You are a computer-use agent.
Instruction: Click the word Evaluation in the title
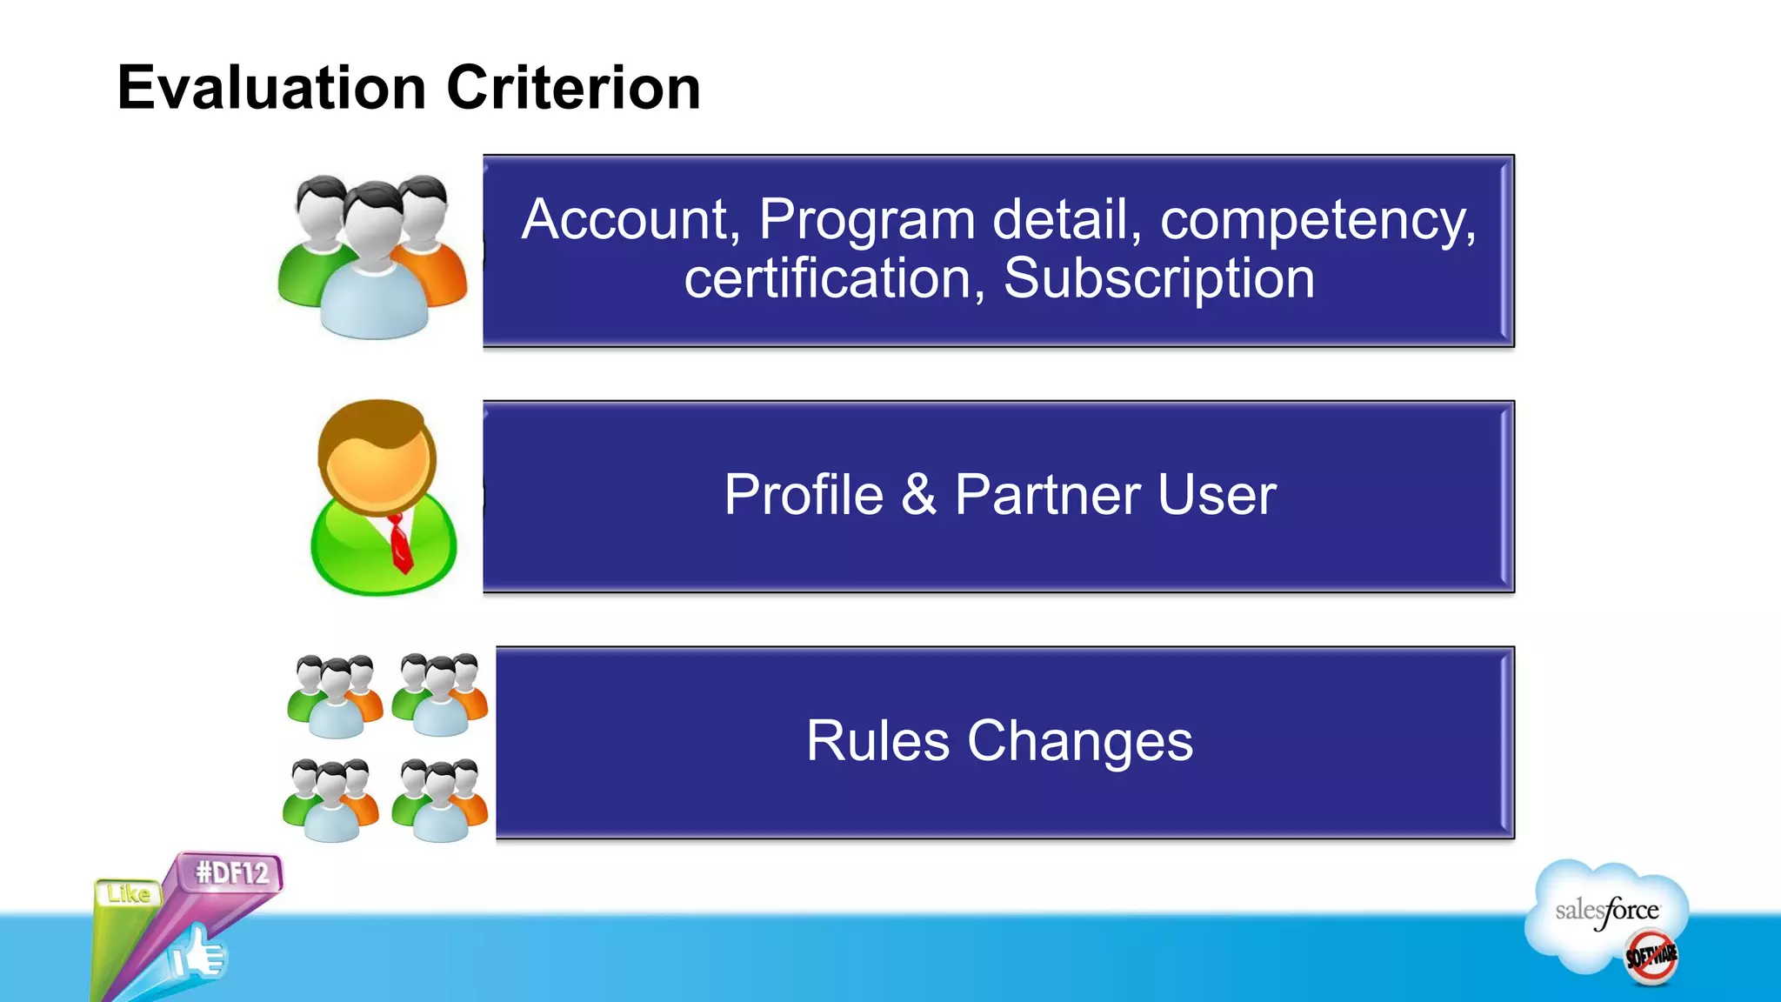pos(271,89)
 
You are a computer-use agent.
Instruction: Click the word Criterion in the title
pos(573,89)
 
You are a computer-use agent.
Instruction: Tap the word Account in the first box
pos(624,219)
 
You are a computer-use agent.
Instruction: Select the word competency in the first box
pos(1317,221)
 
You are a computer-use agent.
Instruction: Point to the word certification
pos(827,280)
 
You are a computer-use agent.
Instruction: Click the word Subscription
pos(1158,280)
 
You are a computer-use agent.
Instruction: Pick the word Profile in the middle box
pos(804,495)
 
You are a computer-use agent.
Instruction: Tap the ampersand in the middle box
pos(918,495)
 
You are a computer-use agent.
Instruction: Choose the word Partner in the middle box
pos(1047,495)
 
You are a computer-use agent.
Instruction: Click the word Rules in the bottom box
pos(877,741)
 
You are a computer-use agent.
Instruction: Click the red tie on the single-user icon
pos(399,543)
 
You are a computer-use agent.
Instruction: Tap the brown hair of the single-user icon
pos(374,422)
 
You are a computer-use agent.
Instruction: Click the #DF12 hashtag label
pos(232,872)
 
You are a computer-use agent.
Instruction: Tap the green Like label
pos(129,894)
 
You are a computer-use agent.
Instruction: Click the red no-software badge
pos(1651,957)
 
